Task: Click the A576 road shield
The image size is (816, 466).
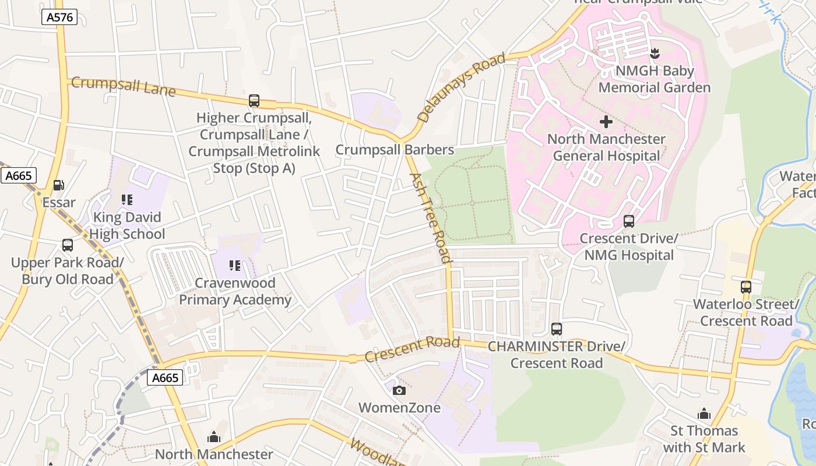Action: coord(60,17)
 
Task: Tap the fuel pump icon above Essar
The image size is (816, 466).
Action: coord(59,185)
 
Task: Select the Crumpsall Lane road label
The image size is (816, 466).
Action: coord(123,86)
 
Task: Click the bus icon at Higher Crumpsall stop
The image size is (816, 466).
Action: coord(254,101)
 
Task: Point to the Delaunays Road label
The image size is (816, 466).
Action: coord(462,87)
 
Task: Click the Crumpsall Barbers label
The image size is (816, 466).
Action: coord(395,150)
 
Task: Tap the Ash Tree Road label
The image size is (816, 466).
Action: coord(430,218)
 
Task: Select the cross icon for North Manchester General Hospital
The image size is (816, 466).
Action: coord(606,122)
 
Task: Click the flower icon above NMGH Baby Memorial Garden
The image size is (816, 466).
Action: coord(655,54)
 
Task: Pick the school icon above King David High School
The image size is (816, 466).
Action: coord(127,200)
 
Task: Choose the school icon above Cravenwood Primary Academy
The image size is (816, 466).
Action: coord(235,266)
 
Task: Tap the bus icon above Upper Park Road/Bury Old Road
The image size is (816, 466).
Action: coord(68,245)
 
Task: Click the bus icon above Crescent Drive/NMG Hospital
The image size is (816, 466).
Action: coord(628,221)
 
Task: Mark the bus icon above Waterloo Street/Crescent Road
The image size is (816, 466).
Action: coord(746,287)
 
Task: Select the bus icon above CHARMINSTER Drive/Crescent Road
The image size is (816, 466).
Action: coord(557,329)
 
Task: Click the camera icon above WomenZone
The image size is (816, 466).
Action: coord(399,390)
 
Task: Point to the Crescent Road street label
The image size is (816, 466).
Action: coord(412,349)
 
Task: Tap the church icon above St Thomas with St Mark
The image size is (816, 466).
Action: coord(704,414)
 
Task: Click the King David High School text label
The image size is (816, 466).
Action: coord(127,226)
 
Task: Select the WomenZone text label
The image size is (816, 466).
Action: coord(399,408)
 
